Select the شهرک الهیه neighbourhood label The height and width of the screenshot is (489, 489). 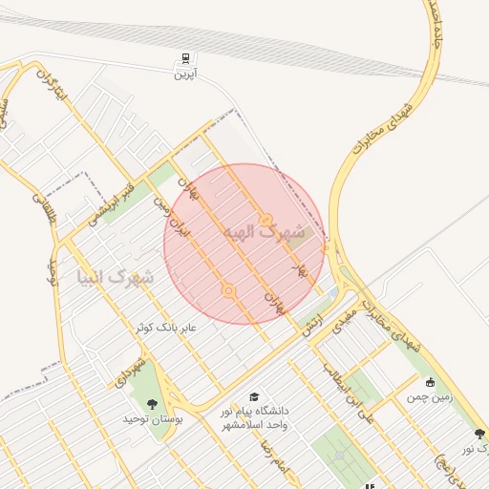(x=264, y=232)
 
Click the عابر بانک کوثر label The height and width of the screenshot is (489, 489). (x=163, y=327)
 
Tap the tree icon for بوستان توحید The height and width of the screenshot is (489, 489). (x=151, y=404)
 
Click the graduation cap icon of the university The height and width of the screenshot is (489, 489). (x=253, y=396)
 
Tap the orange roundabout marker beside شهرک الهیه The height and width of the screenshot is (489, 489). (x=266, y=220)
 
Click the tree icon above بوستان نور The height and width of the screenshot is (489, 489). (x=479, y=434)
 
